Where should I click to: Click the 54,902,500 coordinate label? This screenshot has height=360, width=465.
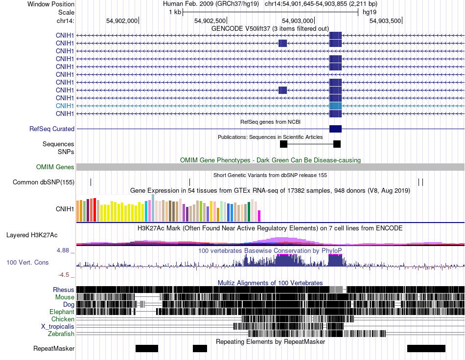[x=210, y=21]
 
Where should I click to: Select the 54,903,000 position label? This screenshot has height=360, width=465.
[x=298, y=21]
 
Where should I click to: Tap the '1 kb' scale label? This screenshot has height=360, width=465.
[x=175, y=12]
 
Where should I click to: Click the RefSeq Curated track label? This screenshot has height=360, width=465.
[x=52, y=129]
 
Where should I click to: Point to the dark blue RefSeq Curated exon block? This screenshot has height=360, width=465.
[x=335, y=129]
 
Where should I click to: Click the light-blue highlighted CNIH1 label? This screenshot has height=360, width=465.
[x=65, y=106]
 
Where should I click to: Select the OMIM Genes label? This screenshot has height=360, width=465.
[x=55, y=167]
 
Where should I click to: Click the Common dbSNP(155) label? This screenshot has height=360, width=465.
[x=44, y=182]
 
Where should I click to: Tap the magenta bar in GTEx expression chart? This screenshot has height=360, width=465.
[x=259, y=216]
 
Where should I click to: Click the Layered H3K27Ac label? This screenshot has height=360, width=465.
[x=32, y=235]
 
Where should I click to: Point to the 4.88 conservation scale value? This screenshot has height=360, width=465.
[x=63, y=250]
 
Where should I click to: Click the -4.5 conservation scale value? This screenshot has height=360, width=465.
[x=64, y=275]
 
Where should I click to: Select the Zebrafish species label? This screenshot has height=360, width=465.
[x=61, y=334]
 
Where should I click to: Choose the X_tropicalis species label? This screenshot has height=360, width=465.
[x=58, y=327]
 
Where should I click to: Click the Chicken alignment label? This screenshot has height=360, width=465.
[x=63, y=319]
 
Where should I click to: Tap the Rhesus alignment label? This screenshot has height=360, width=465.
[x=64, y=290]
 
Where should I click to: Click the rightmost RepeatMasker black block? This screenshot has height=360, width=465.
[x=426, y=348]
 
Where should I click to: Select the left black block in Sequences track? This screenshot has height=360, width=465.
[x=283, y=144]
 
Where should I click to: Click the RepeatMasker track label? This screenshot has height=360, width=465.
[x=54, y=348]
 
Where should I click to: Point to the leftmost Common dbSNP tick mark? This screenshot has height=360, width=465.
[x=91, y=182]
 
